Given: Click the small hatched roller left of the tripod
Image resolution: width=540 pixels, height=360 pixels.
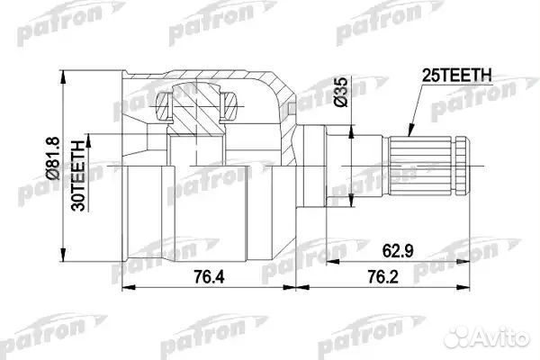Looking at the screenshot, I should [x=163, y=109].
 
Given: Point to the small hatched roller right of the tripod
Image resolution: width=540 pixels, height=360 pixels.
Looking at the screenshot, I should [x=229, y=108].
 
